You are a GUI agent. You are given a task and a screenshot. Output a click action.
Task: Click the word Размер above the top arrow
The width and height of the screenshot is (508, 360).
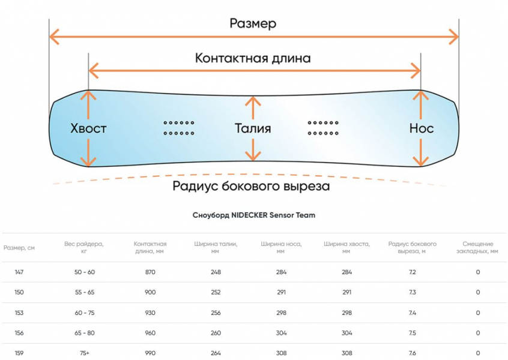(x=253, y=23)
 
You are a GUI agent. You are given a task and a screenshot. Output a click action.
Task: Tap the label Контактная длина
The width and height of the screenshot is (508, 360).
(x=253, y=58)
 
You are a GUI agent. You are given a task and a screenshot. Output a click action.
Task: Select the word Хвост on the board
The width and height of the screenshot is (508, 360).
(x=88, y=128)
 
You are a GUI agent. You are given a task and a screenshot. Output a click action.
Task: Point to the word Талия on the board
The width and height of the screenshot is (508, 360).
(x=252, y=128)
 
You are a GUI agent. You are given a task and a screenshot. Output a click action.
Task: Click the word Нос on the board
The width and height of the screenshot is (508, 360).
(x=421, y=128)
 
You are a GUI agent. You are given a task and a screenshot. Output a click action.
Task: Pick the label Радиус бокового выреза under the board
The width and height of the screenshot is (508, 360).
(x=251, y=186)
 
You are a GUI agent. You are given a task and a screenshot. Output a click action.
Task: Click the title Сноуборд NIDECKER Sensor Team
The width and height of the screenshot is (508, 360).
(x=253, y=215)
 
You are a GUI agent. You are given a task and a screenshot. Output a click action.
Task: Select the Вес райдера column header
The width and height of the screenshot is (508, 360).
(x=84, y=248)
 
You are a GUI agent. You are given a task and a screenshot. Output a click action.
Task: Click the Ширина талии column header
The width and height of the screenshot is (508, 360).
(x=216, y=248)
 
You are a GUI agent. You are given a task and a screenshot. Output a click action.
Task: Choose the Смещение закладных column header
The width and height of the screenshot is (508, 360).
(x=478, y=248)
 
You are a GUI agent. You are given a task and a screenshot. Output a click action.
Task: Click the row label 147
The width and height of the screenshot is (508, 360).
(x=19, y=272)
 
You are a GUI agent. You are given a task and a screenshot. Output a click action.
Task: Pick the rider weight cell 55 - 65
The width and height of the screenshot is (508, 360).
(x=84, y=292)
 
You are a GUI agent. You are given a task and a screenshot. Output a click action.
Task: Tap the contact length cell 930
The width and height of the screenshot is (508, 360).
(x=150, y=313)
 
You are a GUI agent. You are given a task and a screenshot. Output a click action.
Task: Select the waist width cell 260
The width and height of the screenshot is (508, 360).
(x=216, y=333)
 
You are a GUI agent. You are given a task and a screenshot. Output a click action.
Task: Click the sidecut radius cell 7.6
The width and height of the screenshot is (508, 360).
(x=412, y=353)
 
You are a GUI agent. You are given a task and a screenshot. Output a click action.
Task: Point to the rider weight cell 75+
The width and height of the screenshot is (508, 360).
(x=84, y=353)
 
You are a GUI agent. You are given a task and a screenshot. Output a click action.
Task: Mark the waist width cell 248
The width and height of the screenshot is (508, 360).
(x=216, y=272)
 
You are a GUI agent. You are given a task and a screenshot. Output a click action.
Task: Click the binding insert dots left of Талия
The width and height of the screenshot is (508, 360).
(x=179, y=128)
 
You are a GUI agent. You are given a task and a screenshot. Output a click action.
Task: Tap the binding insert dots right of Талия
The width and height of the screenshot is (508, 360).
(x=323, y=128)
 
